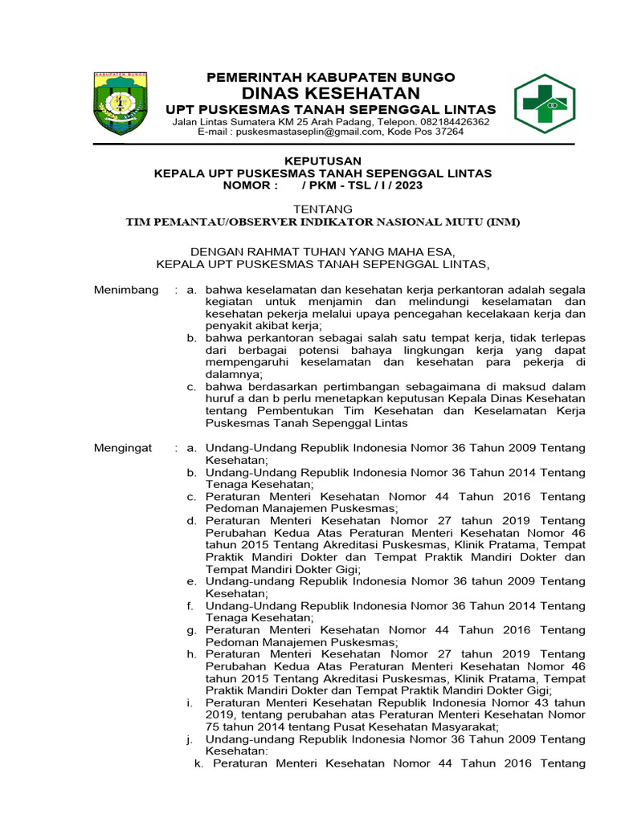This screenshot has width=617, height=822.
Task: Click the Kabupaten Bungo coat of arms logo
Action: pos(121,103)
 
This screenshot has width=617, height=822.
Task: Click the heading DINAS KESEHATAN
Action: pos(331,93)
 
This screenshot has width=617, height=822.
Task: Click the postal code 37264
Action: pos(447,132)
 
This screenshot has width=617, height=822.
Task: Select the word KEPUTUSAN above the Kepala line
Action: pos(324,161)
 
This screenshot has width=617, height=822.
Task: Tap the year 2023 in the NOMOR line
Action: pos(407,185)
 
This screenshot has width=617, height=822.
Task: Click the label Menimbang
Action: pos(126,290)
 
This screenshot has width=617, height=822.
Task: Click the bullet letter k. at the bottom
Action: pos(199,763)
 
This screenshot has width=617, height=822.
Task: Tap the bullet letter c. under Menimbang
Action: pos(191,386)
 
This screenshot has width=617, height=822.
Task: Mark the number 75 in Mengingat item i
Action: pos(214,726)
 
